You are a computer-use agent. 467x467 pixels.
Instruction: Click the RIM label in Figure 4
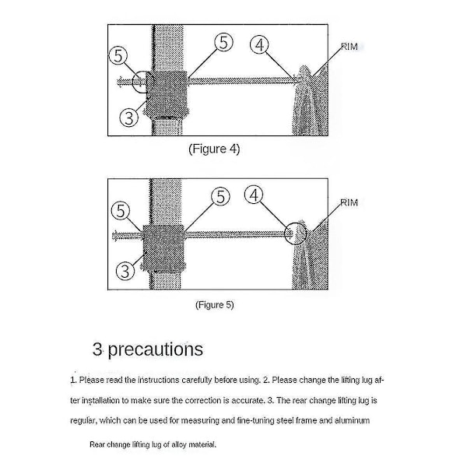(x=349, y=47)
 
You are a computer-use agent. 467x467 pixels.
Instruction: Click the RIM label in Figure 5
(x=349, y=202)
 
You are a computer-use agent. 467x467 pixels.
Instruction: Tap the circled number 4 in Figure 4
(x=259, y=44)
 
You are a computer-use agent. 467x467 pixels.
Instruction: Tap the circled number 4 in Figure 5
(x=254, y=195)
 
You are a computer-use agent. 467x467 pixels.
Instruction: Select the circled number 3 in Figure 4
(x=128, y=118)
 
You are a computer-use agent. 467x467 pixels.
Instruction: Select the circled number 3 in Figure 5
(x=125, y=271)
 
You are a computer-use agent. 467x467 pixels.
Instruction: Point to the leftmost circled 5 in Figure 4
(x=118, y=55)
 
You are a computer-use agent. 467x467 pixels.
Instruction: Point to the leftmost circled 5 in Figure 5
(x=121, y=211)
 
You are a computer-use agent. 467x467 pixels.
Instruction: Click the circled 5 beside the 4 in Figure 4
(x=223, y=42)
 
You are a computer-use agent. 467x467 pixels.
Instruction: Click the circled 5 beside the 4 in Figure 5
(x=220, y=196)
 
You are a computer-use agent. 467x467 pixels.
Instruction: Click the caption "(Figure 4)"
(x=214, y=149)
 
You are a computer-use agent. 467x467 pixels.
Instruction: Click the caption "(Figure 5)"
(x=215, y=304)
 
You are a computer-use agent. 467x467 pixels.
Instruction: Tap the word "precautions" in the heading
(x=155, y=349)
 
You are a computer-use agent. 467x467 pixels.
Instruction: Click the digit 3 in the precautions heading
(x=97, y=349)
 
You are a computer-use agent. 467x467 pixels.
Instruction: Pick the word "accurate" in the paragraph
(x=248, y=400)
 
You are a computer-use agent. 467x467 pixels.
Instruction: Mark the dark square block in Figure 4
(x=167, y=94)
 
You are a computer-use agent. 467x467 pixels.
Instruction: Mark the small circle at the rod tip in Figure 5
(x=296, y=233)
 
